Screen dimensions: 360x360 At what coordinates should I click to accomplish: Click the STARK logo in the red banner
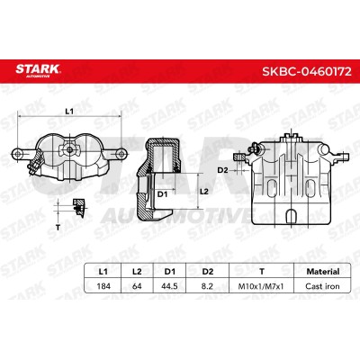coord(38,70)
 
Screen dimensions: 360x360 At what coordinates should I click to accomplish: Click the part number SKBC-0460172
coord(307,71)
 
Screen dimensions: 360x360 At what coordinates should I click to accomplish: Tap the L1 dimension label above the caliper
coord(69,112)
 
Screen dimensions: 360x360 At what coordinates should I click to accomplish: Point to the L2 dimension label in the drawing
coord(204,191)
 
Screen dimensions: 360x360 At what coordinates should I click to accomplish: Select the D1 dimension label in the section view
coord(162,194)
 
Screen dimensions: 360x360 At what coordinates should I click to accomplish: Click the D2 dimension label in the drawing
coord(222,170)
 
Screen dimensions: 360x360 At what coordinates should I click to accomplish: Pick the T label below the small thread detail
coord(58,227)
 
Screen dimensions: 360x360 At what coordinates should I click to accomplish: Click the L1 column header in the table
coord(103,272)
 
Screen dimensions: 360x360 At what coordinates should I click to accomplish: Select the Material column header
coord(323,272)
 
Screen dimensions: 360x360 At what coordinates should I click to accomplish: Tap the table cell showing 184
coord(103,286)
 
